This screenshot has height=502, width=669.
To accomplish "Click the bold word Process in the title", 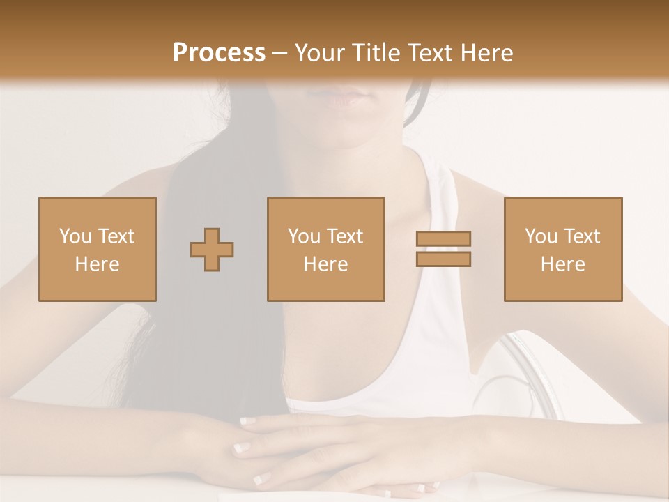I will click(219, 52).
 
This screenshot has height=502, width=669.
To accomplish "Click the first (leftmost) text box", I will click(97, 249).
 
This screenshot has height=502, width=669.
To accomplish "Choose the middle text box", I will click(325, 249).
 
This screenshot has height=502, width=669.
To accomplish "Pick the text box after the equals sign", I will click(562, 249).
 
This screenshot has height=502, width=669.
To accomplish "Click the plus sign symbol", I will click(212, 249).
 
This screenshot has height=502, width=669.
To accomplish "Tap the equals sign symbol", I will click(443, 249).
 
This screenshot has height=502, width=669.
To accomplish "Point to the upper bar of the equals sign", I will click(443, 238).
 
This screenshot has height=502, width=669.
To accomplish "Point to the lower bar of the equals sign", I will click(443, 259).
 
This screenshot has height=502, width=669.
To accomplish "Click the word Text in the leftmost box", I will click(115, 236).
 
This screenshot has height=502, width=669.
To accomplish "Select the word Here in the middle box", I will click(325, 264).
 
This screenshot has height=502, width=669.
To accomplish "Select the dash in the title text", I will click(279, 52).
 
